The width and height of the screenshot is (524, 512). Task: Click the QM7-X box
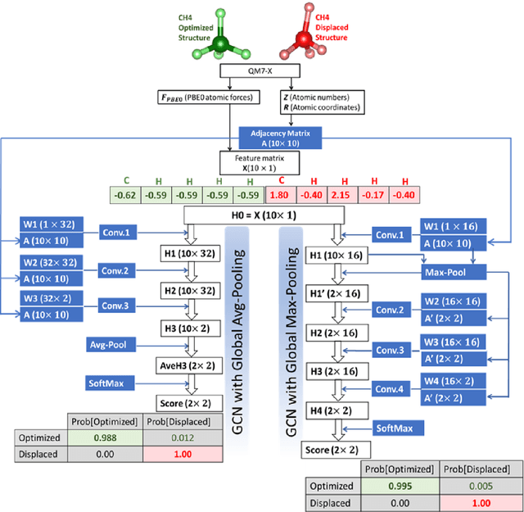(264, 73)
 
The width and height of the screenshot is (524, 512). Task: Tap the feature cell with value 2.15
(342, 196)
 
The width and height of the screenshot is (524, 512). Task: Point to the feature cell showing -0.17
(373, 196)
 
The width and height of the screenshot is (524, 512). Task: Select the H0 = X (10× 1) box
(263, 215)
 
